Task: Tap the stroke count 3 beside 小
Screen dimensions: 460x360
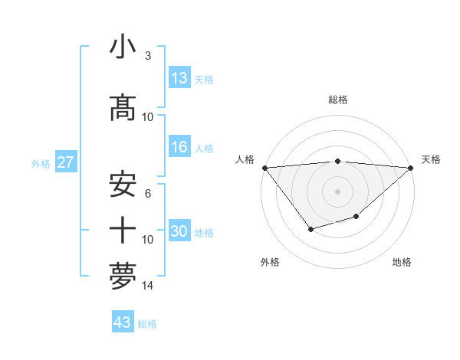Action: pos(147,56)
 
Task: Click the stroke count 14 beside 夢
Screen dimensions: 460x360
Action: pos(148,286)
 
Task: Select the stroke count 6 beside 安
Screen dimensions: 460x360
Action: pos(147,194)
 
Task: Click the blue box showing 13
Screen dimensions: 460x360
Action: pos(179,78)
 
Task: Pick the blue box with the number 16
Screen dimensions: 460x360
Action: pos(179,148)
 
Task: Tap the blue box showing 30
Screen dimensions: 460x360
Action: pos(179,232)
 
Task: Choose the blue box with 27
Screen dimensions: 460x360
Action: pos(66,162)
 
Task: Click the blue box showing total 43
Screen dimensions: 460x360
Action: pos(123,322)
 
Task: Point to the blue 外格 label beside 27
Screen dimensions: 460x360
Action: pos(41,163)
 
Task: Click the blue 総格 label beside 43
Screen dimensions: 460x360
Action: pos(147,324)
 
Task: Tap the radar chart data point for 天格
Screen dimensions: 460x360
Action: pos(411,168)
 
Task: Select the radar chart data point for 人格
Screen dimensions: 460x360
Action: pos(264,168)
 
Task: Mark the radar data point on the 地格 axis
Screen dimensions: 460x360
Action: pos(356,218)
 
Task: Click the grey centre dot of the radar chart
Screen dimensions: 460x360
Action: pos(338,191)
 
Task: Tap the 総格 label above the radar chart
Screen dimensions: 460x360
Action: pos(338,100)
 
